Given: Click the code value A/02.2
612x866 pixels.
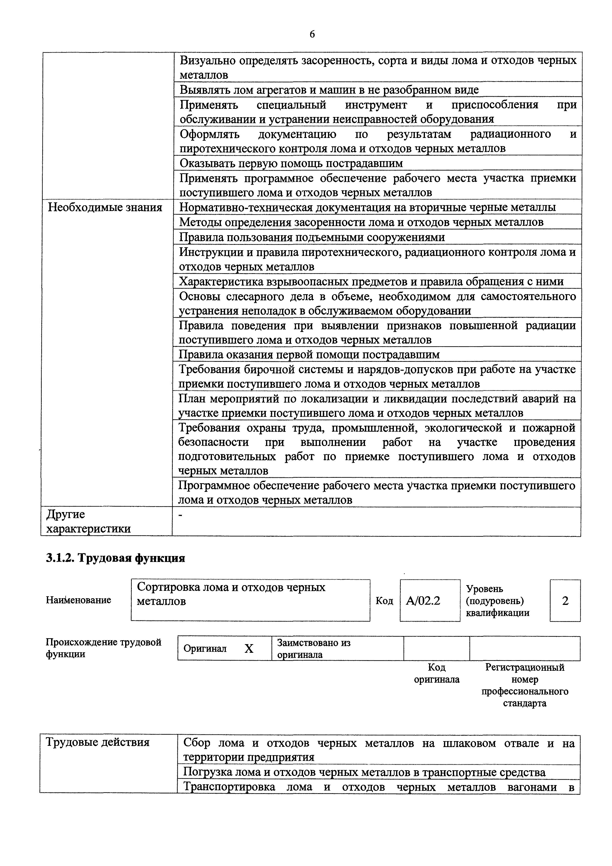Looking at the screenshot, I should tap(423, 600).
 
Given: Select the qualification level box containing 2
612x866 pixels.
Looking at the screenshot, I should tap(565, 600).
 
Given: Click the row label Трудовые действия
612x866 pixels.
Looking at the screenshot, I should tap(98, 742).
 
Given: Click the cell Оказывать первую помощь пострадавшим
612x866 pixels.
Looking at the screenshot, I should tap(291, 163).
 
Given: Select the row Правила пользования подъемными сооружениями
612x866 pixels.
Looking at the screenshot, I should tap(312, 237).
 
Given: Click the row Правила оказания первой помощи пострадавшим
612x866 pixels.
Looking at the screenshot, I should tap(309, 355).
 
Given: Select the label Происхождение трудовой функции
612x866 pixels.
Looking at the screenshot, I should tap(103, 648).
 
